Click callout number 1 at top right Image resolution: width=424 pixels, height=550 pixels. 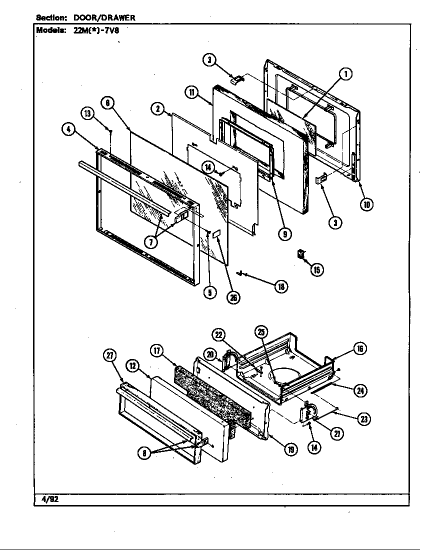tap(345, 74)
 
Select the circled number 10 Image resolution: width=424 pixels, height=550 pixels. tap(367, 204)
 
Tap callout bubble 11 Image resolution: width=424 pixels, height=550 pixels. tap(192, 91)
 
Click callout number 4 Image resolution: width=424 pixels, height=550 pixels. tap(68, 129)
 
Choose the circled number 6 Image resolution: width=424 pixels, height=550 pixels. tap(107, 103)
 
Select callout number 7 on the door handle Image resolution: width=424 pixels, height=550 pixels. tap(150, 242)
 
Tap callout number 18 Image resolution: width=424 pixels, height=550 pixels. tap(281, 286)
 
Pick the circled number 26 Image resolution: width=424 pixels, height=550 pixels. tap(232, 297)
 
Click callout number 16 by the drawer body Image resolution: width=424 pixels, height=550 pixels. tap(359, 348)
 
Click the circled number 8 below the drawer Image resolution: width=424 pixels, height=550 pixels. tap(145, 453)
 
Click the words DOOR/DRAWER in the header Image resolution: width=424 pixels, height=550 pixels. tap(104, 17)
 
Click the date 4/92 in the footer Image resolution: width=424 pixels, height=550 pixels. tap(50, 499)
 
